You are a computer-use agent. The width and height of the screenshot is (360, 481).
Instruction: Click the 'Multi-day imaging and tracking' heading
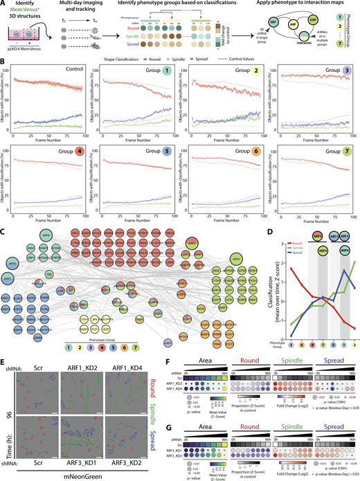[x=83, y=9]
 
